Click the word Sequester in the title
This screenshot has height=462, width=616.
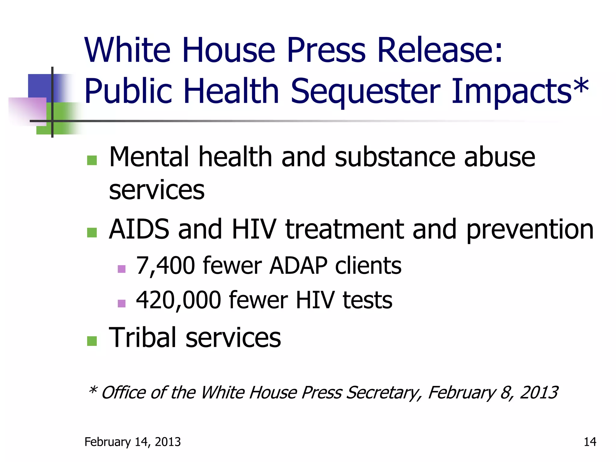coord(365,92)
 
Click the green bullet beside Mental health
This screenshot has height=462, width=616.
coord(92,160)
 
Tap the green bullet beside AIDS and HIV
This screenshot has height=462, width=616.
coord(92,233)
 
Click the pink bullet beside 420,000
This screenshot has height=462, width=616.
coord(122,303)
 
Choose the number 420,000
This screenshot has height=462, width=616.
coord(178,300)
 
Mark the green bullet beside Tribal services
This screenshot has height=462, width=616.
coord(92,341)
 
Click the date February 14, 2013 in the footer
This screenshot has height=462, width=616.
coord(132,442)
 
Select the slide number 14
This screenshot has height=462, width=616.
coord(590,442)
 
